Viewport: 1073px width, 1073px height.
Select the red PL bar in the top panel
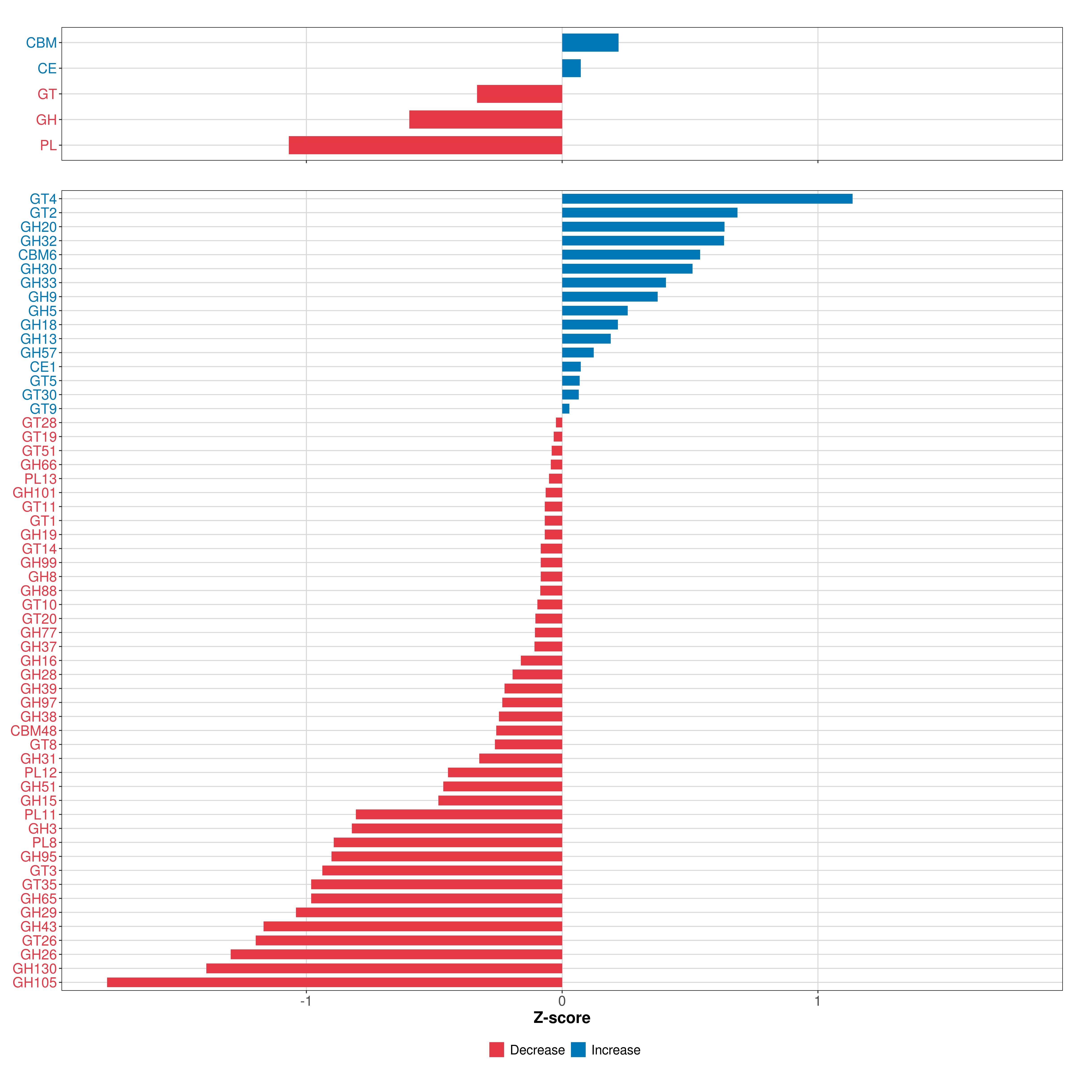(x=425, y=145)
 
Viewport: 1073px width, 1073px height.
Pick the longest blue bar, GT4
(x=707, y=199)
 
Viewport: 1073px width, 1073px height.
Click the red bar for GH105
(x=334, y=982)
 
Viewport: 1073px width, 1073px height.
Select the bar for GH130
(x=384, y=969)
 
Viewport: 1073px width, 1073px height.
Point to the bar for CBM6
(x=631, y=255)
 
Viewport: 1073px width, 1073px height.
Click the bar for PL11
(x=459, y=815)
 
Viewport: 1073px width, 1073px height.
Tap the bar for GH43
(x=413, y=926)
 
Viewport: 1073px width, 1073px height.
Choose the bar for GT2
(x=650, y=213)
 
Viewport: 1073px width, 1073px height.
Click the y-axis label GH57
(x=38, y=353)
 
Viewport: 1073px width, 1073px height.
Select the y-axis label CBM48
(x=33, y=731)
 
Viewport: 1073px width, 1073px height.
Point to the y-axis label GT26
(x=39, y=941)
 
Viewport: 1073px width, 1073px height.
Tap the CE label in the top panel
(x=47, y=68)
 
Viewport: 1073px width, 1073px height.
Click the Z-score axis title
(x=562, y=1018)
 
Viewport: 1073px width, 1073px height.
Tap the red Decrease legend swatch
(x=496, y=1050)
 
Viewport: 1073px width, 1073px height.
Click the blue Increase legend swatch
(x=578, y=1050)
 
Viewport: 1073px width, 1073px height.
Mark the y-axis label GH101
(x=34, y=493)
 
